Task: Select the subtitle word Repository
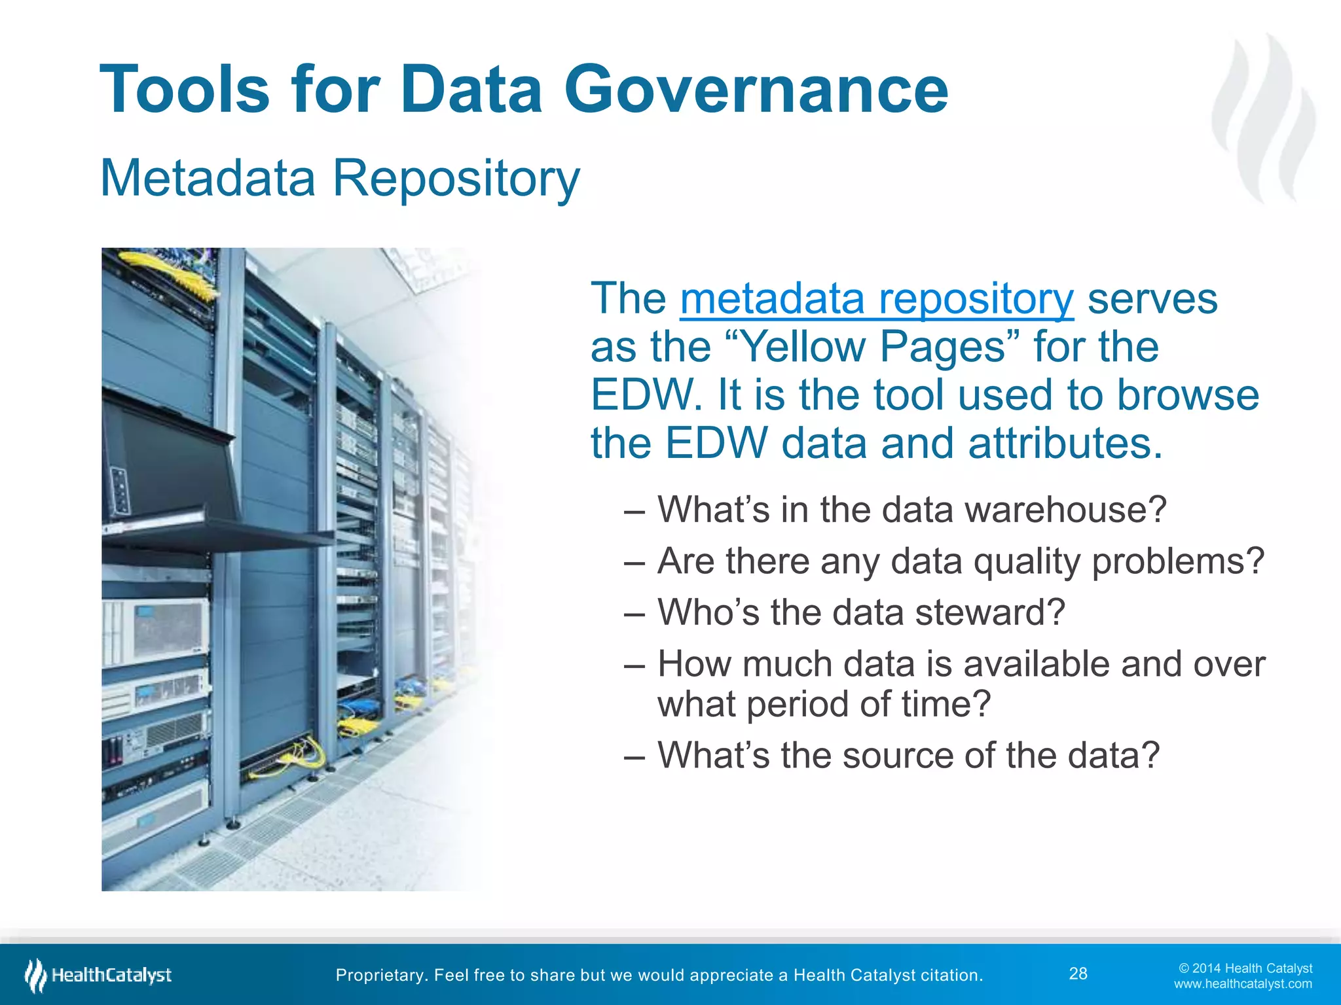coord(456,178)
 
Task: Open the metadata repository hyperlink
coord(877,299)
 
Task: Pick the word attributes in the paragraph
coord(1065,444)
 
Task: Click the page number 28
coord(1078,974)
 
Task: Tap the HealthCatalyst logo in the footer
coord(98,975)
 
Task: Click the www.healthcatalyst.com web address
coord(1242,984)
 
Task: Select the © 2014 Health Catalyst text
coord(1245,968)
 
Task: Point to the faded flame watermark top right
coord(1263,118)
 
